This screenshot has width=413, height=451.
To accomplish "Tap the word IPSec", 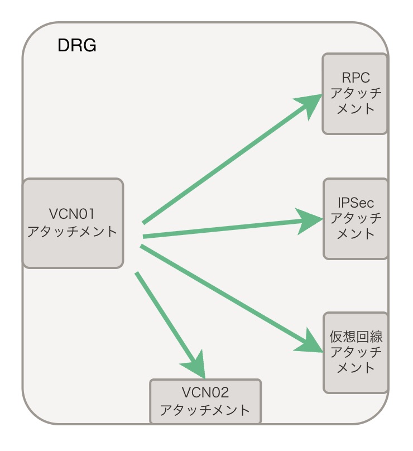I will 356,202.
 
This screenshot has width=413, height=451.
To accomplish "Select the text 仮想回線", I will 356,337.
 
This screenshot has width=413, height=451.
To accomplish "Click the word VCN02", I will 205,392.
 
